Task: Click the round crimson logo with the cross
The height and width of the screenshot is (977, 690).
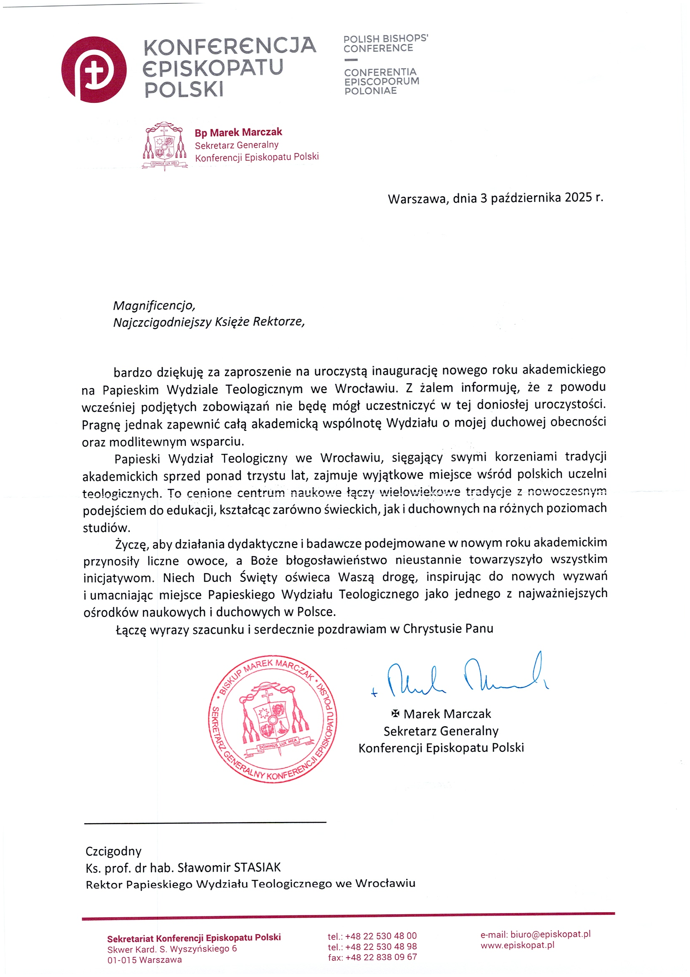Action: pos(94,69)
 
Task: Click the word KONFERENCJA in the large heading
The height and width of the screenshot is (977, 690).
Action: pos(230,46)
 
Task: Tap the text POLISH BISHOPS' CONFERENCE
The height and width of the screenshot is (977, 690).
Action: pos(385,43)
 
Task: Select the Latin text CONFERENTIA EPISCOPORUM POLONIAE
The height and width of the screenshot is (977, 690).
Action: pos(382,81)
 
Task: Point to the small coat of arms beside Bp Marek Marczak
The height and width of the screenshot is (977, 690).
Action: pos(164,145)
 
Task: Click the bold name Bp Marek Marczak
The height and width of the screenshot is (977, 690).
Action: pos(238,132)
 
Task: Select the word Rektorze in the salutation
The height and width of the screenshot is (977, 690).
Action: pos(279,322)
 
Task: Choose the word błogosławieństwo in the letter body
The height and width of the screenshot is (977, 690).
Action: pos(336,560)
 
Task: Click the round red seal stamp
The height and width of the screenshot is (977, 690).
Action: pos(272,719)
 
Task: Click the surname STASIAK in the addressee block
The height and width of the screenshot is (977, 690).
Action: pos(257,867)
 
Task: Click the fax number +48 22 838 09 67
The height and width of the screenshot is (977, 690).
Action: pos(381,957)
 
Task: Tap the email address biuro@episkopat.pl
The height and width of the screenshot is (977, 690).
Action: pos(550,934)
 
